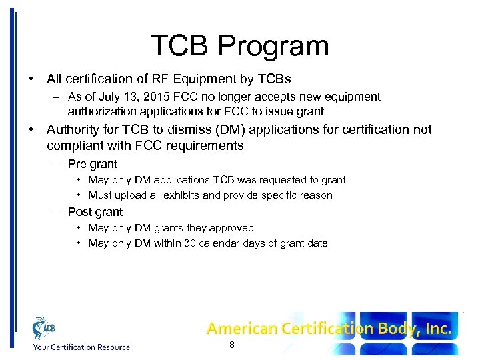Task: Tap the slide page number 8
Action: point(231,345)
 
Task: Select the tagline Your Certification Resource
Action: point(81,347)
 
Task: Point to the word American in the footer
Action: point(241,328)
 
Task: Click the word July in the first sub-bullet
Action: point(107,97)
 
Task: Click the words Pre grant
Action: point(93,164)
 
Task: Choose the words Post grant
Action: point(95,212)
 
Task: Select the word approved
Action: point(231,227)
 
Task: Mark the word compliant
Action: point(73,145)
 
